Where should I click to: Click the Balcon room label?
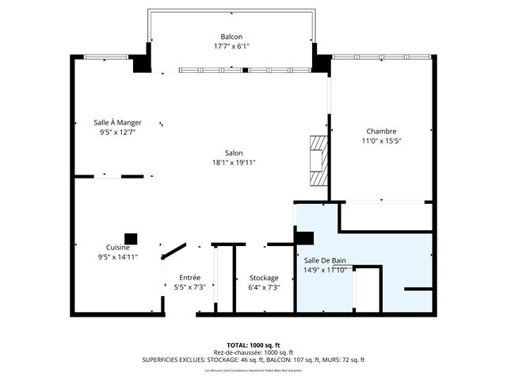pyautogui.click(x=231, y=37)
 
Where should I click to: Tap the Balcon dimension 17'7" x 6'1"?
pyautogui.click(x=231, y=46)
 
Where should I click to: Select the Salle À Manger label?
pyautogui.click(x=118, y=122)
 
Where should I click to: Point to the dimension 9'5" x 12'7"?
pyautogui.click(x=118, y=133)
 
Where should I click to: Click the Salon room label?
pyautogui.click(x=234, y=153)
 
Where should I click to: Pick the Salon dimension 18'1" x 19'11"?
pyautogui.click(x=234, y=163)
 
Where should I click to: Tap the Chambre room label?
pyautogui.click(x=381, y=131)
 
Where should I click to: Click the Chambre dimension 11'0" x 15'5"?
pyautogui.click(x=381, y=141)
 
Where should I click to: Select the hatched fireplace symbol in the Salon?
pyautogui.click(x=318, y=160)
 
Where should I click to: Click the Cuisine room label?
pyautogui.click(x=118, y=247)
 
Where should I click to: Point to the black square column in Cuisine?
pyautogui.click(x=130, y=237)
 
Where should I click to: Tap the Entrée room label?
pyautogui.click(x=189, y=277)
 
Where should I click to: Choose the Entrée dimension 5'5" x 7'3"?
pyautogui.click(x=189, y=287)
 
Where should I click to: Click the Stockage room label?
pyautogui.click(x=264, y=277)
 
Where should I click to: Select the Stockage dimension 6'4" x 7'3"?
pyautogui.click(x=264, y=287)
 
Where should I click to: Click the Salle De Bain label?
pyautogui.click(x=325, y=260)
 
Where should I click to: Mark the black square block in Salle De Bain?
pyautogui.click(x=305, y=237)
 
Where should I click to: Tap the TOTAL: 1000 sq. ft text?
pyautogui.click(x=253, y=344)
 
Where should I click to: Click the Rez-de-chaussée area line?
pyautogui.click(x=253, y=352)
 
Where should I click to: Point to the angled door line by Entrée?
pyautogui.click(x=173, y=250)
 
